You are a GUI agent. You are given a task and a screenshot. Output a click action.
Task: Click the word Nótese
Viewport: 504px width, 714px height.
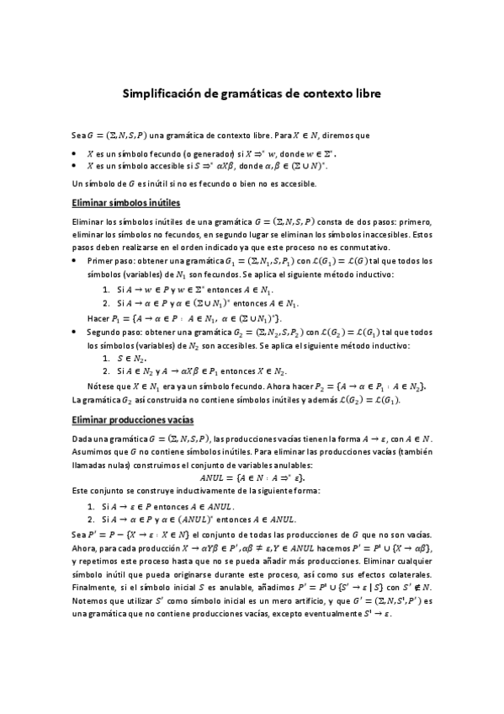102,386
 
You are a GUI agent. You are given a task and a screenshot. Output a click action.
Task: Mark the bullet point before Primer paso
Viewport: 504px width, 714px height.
77,262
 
